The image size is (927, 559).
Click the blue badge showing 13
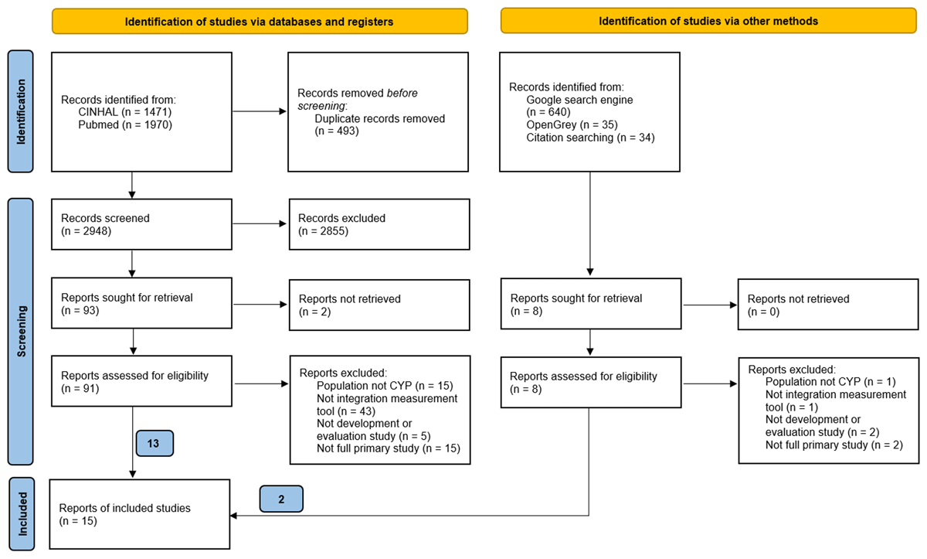coord(154,444)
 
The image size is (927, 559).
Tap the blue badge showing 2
coord(282,499)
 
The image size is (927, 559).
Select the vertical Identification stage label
coord(21,111)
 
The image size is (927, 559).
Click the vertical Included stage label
coord(21,514)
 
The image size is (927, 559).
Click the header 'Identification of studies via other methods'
coord(708,22)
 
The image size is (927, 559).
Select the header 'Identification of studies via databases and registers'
coord(260,22)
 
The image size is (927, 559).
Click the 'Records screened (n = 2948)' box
coord(141,224)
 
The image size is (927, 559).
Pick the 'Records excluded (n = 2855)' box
coord(379,224)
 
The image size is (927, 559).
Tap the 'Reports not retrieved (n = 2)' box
coord(379,305)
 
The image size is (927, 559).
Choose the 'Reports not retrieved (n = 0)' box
coord(825,305)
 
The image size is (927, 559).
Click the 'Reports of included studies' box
coord(140,514)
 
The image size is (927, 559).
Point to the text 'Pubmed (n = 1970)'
coord(124,124)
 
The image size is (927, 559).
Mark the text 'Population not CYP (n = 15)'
coord(384,385)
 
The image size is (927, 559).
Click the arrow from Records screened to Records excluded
coord(259,224)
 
